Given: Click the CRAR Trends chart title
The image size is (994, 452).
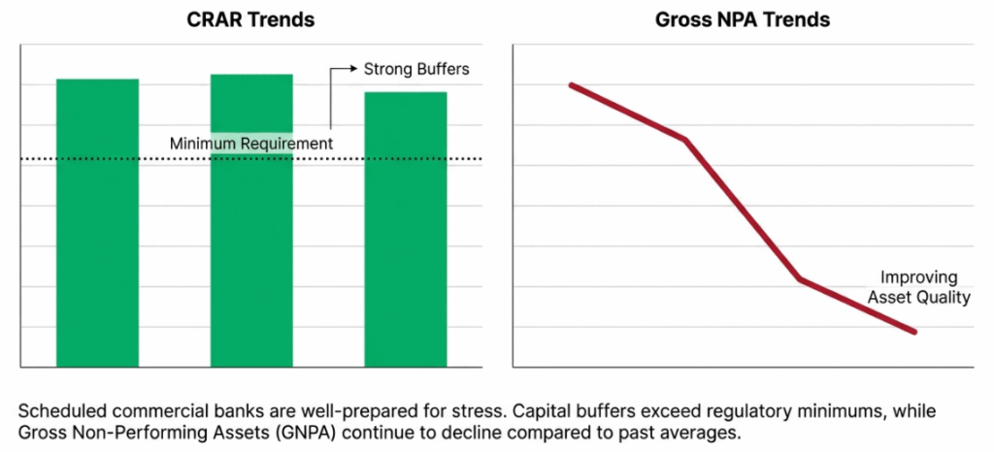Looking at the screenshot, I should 250,20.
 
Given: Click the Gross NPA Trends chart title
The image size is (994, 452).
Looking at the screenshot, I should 743,20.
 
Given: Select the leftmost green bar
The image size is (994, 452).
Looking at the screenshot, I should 97,223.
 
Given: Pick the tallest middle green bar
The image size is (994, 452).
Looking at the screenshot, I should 251,221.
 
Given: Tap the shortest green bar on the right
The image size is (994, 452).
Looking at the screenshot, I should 405,230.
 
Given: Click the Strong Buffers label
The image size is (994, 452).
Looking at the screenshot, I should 416,69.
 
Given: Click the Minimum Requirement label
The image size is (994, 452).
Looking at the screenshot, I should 251,144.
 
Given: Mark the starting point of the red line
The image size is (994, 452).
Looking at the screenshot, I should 571,85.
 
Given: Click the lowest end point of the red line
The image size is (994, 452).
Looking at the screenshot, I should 914,333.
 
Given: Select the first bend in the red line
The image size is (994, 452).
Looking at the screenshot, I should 685,140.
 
